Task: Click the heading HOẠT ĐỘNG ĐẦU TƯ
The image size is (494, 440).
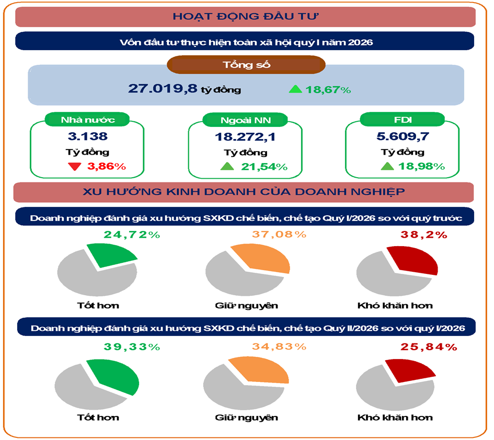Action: tap(246, 16)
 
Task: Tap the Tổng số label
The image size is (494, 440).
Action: tap(246, 65)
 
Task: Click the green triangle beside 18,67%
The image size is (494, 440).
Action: tap(295, 89)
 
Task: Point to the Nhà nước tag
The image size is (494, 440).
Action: tap(87, 120)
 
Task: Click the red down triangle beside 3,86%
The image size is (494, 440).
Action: tap(74, 167)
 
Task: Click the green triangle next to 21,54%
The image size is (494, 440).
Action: tap(226, 167)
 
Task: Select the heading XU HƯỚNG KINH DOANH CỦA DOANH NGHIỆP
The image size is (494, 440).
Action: tap(244, 191)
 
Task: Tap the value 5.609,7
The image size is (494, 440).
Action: tap(403, 137)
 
